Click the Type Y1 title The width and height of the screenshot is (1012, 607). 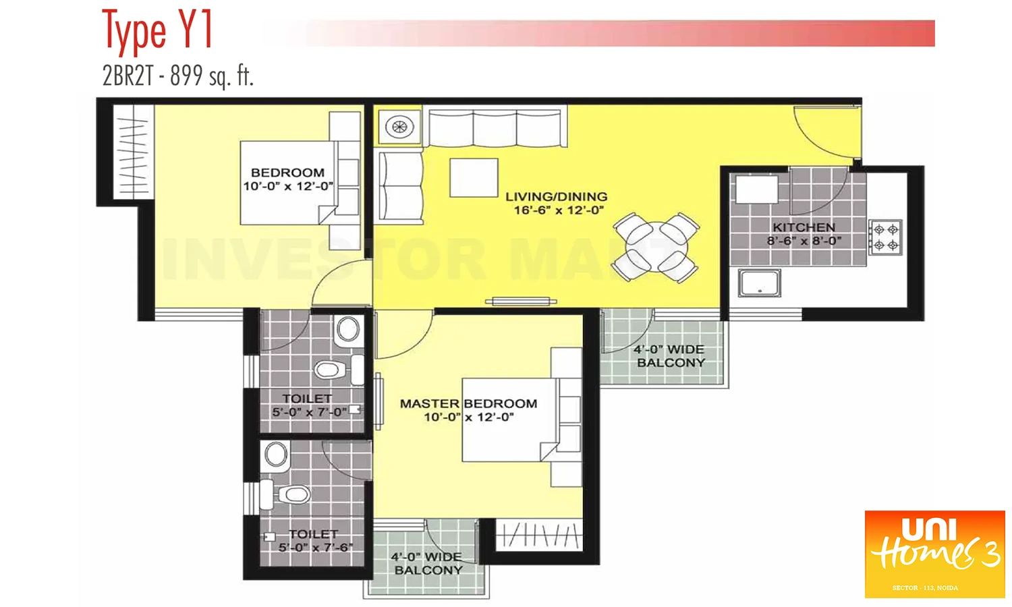pos(157,31)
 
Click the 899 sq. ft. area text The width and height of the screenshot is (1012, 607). pos(212,76)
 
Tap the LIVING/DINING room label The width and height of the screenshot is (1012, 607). pos(556,197)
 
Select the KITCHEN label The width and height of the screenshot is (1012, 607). pos(804,227)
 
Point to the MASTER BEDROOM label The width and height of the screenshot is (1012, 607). pos(468,403)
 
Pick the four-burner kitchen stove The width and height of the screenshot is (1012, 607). pos(885,237)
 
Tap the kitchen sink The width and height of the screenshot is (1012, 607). pos(760,283)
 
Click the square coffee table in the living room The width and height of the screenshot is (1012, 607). pos(474,178)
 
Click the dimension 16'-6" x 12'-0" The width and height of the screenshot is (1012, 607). pos(558,210)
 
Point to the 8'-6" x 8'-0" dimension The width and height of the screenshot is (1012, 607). pos(804,241)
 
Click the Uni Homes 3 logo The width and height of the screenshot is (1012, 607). pos(934,554)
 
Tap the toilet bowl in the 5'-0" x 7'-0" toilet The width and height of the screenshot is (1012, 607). pos(330,370)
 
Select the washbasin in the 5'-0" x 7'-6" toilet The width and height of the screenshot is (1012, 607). pos(276,455)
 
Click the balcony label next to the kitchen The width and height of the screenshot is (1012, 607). pos(669,356)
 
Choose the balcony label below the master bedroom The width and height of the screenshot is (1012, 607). pos(427,563)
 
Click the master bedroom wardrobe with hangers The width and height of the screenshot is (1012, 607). pos(538,536)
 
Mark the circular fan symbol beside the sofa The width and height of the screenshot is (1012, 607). pos(399,127)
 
